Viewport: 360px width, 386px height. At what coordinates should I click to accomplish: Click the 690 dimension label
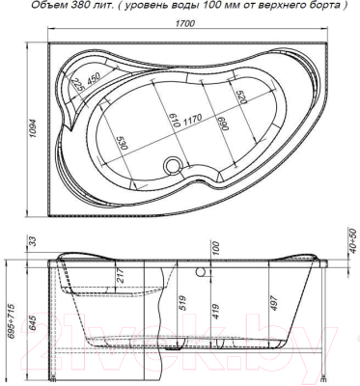(x=225, y=124)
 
